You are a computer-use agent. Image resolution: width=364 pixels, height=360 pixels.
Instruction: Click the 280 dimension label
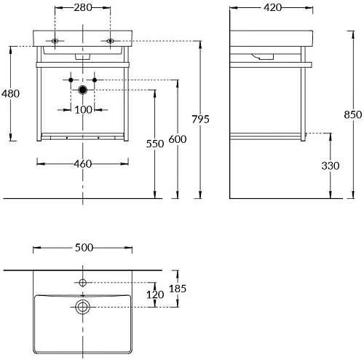point(83,8)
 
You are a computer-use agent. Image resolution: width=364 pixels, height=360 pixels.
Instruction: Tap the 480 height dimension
point(10,93)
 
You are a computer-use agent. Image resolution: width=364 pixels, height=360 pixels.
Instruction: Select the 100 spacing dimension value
point(83,110)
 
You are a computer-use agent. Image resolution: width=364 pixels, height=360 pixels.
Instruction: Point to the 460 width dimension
point(83,164)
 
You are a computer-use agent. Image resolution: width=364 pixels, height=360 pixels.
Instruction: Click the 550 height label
point(155,144)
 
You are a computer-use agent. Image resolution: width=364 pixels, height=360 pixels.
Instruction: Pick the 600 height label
point(178,139)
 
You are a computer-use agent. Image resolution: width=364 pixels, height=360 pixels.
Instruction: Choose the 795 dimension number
point(200,120)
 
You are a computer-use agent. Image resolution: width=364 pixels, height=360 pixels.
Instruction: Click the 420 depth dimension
point(273,8)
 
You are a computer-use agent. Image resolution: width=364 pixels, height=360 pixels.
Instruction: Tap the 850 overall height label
point(353,114)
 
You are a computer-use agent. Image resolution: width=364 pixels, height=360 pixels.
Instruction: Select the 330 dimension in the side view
point(331,166)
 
